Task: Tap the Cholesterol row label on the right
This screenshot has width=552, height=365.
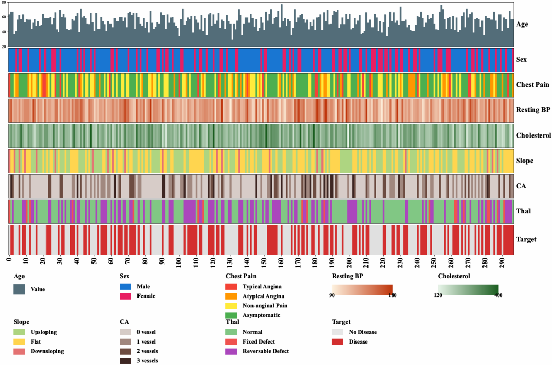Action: [533, 135]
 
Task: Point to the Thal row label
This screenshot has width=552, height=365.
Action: [523, 211]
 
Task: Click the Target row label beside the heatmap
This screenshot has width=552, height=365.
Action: [526, 239]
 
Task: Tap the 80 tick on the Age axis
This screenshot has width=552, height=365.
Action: [4, 3]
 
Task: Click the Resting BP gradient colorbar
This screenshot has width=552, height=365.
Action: [362, 288]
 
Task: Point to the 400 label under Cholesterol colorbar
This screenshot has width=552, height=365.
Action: [498, 295]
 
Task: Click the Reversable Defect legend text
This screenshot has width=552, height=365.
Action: [266, 351]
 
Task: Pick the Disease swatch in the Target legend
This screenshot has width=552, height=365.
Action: [338, 341]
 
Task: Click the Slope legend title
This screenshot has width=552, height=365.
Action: [22, 322]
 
